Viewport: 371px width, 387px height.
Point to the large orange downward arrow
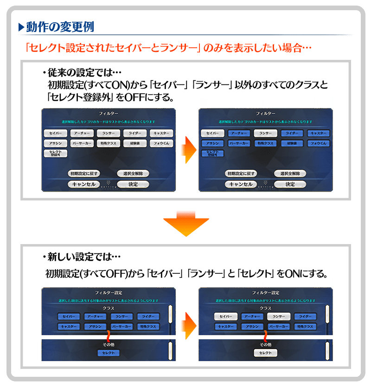[185, 222]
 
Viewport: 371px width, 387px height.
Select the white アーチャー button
[82, 133]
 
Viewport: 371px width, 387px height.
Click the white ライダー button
[135, 133]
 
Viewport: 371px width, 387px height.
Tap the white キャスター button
[161, 133]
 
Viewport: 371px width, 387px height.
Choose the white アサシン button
[56, 143]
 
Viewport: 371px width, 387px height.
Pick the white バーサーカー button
[82, 143]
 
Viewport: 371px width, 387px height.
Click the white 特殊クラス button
[109, 143]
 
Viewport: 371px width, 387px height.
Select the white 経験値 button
[135, 143]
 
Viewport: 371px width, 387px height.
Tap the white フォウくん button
[161, 143]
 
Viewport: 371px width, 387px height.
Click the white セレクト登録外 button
[56, 154]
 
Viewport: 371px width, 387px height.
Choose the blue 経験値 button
[292, 143]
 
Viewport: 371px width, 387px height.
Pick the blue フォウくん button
[319, 143]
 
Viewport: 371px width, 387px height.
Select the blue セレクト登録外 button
[213, 154]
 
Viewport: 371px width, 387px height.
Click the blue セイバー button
[69, 316]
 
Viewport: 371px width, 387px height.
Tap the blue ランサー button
[122, 316]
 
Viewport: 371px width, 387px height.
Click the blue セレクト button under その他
[109, 353]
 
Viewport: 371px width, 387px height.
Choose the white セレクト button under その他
[266, 353]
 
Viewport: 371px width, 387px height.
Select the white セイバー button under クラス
[226, 316]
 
